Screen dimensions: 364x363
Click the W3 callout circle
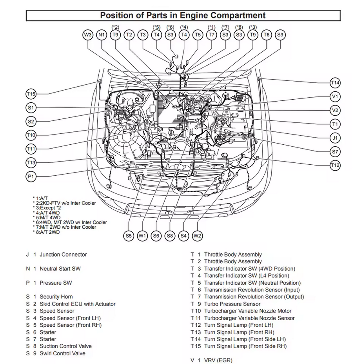(88, 35)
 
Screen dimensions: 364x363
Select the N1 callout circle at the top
(102, 35)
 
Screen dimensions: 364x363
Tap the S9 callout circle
(280, 35)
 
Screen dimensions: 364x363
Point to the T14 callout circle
(335, 83)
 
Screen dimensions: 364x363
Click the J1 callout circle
(335, 138)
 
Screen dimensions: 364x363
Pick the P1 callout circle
(31, 177)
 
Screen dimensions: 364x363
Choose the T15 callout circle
(31, 94)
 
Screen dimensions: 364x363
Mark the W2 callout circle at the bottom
(198, 236)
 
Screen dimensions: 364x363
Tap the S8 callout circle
(170, 236)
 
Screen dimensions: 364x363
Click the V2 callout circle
(335, 110)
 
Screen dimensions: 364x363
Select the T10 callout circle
(31, 136)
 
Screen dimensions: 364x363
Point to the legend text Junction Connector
(63, 255)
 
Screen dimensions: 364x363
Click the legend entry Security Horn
(56, 297)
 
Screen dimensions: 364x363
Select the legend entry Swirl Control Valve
(62, 353)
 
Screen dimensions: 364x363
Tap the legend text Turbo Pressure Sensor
(232, 304)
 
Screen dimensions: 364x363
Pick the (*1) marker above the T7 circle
(212, 27)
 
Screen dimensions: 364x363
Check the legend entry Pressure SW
(56, 283)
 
